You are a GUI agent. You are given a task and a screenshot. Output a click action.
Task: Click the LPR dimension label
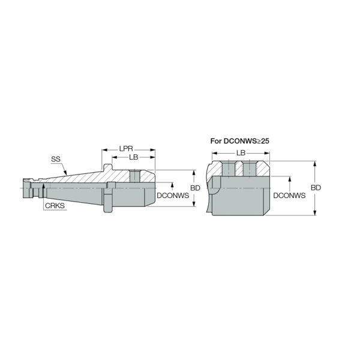pyautogui.click(x=126, y=149)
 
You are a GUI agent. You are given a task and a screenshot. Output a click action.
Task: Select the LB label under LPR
pyautogui.click(x=134, y=157)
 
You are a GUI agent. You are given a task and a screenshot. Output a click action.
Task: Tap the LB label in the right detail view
pyautogui.click(x=241, y=152)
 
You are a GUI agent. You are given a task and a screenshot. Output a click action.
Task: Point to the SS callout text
pyautogui.click(x=56, y=159)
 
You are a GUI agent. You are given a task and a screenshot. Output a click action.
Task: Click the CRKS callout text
pyautogui.click(x=55, y=206)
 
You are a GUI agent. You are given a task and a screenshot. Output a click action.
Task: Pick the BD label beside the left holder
pyautogui.click(x=196, y=188)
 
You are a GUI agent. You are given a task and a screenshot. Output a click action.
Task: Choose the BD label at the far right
pyautogui.click(x=316, y=188)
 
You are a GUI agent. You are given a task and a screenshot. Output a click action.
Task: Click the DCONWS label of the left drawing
pyautogui.click(x=173, y=196)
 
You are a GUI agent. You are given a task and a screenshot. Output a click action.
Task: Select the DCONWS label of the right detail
pyautogui.click(x=289, y=196)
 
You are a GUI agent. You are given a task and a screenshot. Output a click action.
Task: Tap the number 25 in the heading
pyautogui.click(x=265, y=141)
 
